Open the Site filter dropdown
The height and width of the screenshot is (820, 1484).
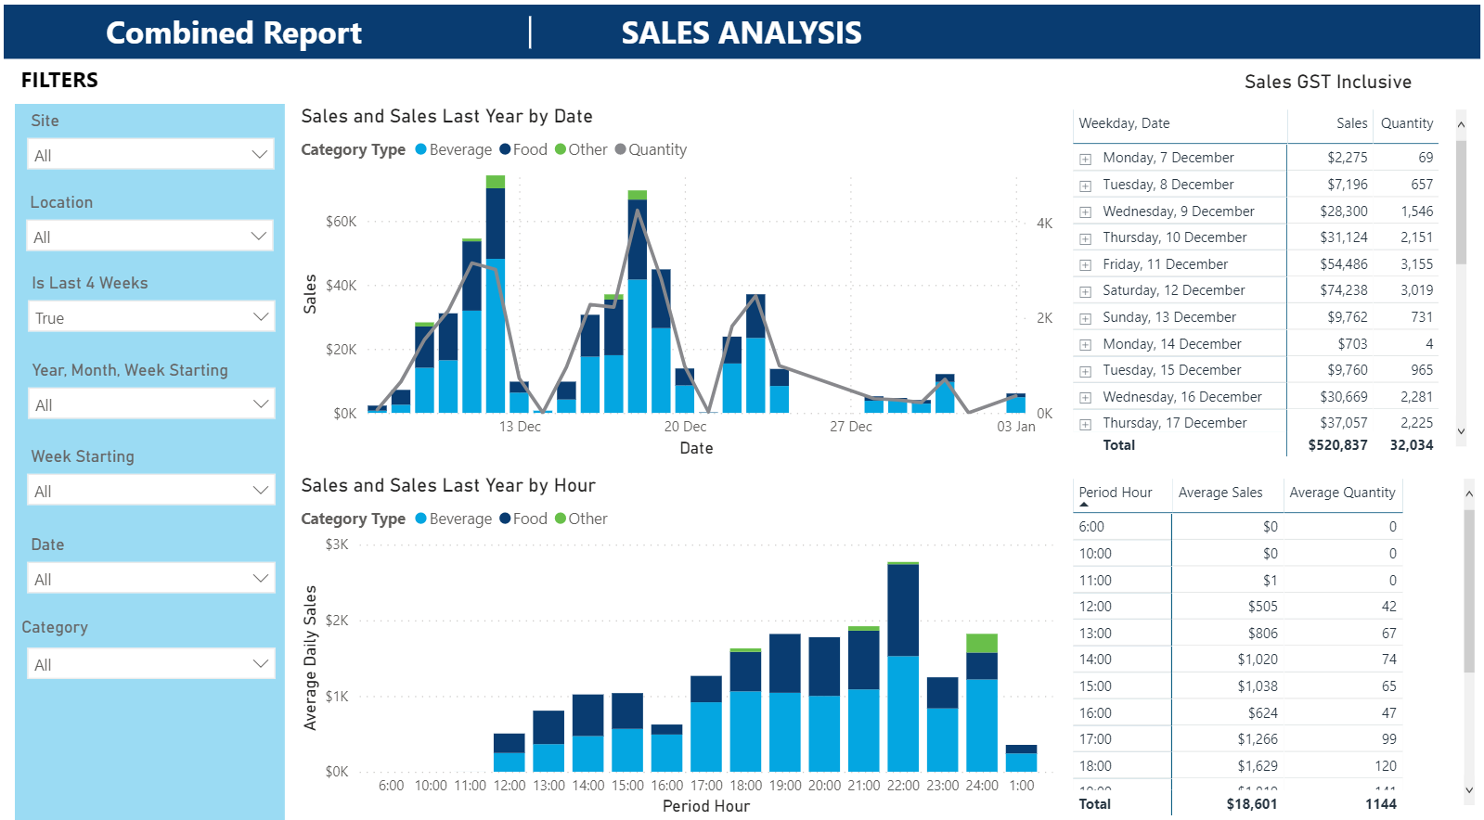click(x=151, y=155)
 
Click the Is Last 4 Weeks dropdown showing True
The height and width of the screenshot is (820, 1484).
click(x=151, y=317)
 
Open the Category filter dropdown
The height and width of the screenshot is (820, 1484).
click(x=151, y=664)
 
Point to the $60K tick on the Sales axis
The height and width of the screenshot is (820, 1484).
click(x=341, y=222)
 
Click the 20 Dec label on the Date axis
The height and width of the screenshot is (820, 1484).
click(x=685, y=427)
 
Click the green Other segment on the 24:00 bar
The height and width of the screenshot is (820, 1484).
click(x=982, y=643)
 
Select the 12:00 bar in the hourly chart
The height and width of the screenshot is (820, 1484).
click(x=509, y=752)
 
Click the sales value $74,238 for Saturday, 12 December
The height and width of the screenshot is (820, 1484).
click(x=1343, y=290)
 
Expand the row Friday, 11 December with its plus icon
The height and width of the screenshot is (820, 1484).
click(x=1085, y=265)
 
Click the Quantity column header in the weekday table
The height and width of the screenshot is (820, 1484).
click(x=1406, y=123)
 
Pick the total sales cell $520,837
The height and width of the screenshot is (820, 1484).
click(x=1337, y=445)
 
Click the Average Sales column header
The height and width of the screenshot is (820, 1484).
click(x=1219, y=493)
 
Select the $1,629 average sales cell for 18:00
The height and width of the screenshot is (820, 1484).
click(x=1258, y=766)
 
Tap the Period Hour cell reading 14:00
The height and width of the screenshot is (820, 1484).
click(x=1095, y=660)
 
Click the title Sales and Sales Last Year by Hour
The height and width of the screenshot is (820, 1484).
click(x=448, y=485)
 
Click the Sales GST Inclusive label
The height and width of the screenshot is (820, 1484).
click(x=1327, y=82)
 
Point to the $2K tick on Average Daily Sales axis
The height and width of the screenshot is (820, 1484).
click(x=337, y=621)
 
